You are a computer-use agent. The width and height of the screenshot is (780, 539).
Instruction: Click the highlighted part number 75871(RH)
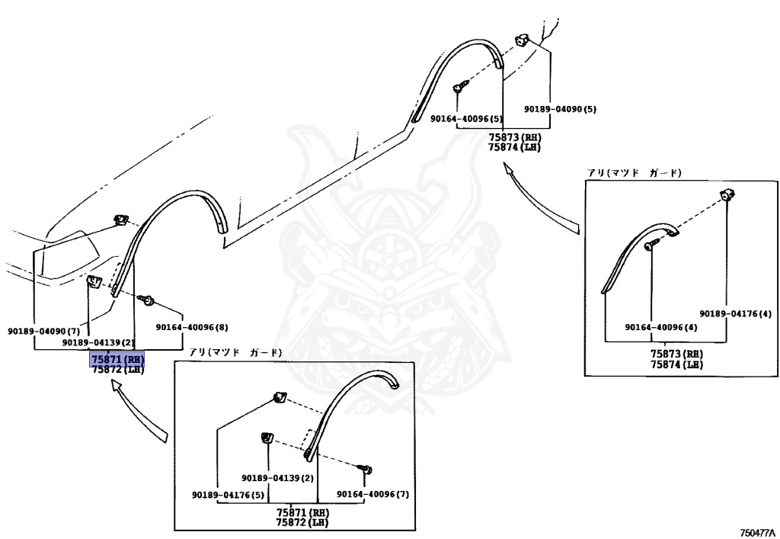[117, 359]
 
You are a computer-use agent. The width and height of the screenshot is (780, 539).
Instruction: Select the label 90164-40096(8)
[192, 327]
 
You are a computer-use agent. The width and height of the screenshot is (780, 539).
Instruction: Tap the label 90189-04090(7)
[43, 332]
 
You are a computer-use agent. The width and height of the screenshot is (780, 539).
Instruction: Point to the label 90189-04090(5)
[560, 110]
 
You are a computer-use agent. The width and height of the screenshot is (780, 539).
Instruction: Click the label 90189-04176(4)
[736, 313]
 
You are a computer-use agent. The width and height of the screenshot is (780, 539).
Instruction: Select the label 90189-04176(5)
[228, 495]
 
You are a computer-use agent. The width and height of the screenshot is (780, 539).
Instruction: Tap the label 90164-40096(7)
[372, 495]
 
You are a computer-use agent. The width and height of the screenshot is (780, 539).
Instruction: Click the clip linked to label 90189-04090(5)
[523, 40]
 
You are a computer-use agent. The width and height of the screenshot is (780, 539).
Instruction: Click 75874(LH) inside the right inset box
[676, 364]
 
